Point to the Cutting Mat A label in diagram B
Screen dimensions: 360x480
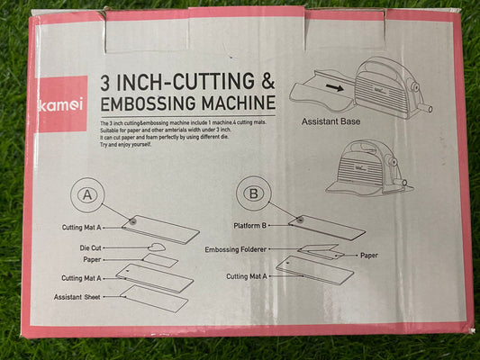click(251, 277)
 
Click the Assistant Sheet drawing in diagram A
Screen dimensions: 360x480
click(155, 299)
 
